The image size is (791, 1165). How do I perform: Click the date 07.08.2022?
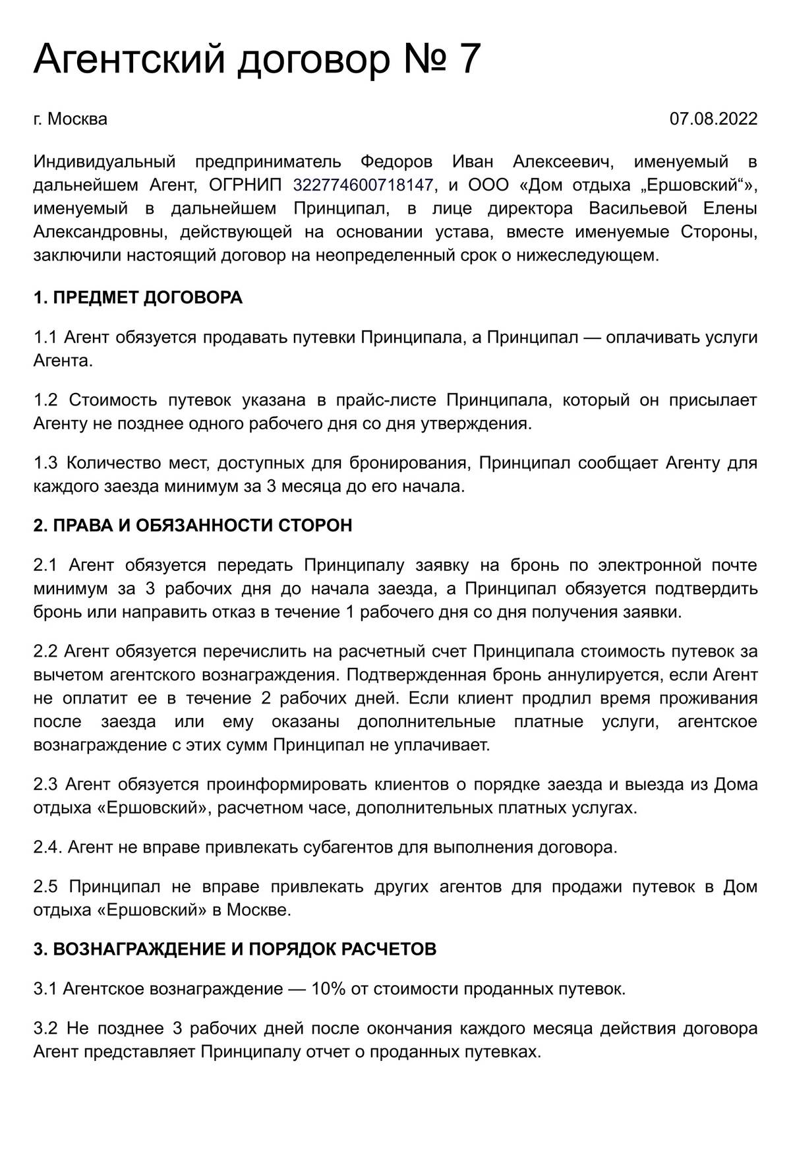713,119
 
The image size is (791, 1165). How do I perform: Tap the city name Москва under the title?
78,119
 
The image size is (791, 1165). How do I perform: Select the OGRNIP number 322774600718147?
363,185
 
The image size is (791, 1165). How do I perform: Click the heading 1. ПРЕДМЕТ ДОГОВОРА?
138,297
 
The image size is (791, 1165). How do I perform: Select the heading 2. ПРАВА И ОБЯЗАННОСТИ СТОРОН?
192,525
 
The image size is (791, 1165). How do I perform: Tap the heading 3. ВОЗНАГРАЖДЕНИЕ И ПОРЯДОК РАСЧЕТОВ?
235,949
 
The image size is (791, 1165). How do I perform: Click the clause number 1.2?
45,400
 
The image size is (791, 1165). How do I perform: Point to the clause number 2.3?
45,785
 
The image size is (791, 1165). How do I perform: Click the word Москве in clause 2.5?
258,911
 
